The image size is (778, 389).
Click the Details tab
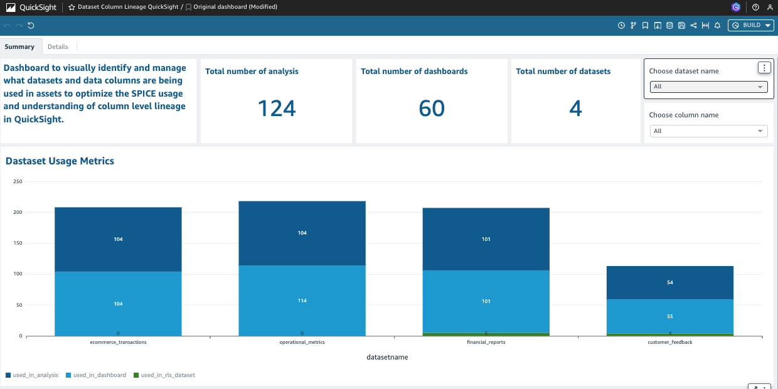58,46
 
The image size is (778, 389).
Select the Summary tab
19,46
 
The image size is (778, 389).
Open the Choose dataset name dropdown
708,87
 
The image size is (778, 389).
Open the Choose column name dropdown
708,131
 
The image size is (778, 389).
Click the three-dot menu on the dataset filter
764,68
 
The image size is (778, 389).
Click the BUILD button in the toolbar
751,25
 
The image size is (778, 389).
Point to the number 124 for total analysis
277,109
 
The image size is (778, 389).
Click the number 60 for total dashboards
432,109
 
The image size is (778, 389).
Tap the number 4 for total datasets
575,109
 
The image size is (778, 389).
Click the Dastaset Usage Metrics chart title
60,161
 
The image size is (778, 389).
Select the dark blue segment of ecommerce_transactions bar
118,239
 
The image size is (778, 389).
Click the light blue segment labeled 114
302,301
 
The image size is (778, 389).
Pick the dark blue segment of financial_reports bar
486,239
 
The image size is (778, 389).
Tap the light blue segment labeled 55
669,316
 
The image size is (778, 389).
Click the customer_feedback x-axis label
669,343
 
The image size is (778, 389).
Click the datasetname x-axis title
387,357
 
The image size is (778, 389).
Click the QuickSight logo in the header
31,8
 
